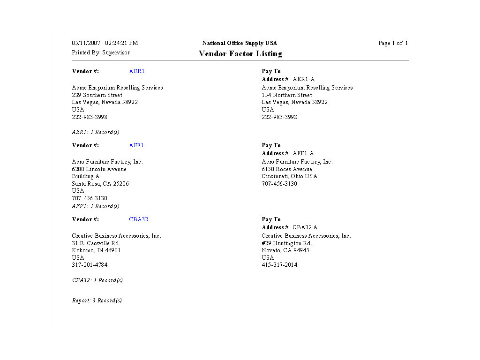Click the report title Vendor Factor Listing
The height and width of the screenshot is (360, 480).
pos(240,54)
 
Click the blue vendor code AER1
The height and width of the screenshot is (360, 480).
pos(137,71)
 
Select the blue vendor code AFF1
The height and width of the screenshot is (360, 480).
pos(136,145)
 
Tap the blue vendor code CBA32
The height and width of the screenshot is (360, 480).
pos(139,219)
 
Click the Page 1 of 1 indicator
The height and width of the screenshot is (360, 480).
pos(393,43)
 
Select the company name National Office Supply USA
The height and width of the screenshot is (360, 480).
pos(240,43)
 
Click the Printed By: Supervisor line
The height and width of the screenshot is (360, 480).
pos(101,52)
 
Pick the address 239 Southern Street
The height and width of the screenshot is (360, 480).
pos(97,95)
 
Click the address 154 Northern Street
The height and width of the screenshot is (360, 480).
pos(287,95)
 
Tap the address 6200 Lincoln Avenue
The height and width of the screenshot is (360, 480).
pos(99,169)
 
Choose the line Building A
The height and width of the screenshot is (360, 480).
pos(86,176)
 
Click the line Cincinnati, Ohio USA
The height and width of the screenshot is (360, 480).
pos(289,176)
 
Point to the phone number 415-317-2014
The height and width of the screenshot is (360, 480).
pos(279,265)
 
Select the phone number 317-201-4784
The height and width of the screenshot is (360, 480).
pos(90,265)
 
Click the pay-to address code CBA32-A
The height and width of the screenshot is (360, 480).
pos(305,227)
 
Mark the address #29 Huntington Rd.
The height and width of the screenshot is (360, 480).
pos(287,243)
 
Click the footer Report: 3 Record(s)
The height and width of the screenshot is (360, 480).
pos(97,300)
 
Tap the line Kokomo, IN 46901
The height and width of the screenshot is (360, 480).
pos(96,250)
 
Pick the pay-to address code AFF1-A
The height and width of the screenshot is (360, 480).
pos(303,153)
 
